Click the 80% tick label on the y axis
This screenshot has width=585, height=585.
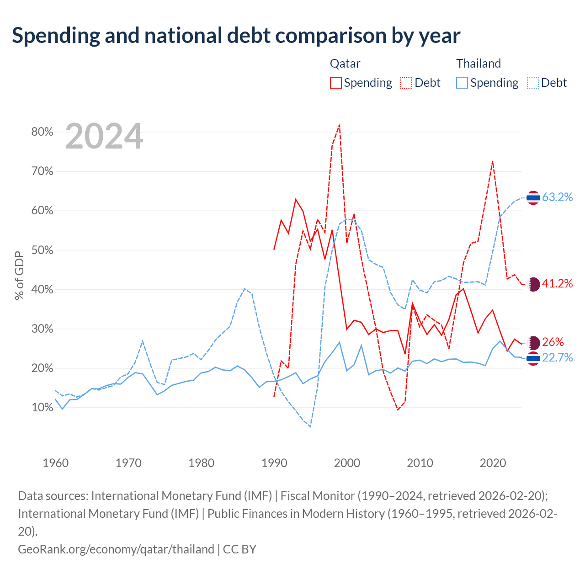(42, 132)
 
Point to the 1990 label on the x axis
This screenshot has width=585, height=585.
(274, 463)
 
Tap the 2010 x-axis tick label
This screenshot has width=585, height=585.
(420, 463)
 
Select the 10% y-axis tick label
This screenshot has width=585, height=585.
(42, 407)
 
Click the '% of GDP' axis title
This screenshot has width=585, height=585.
(20, 275)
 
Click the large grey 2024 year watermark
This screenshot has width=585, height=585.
(104, 136)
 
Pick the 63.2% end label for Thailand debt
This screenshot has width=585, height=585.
(557, 197)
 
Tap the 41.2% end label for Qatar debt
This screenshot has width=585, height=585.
(557, 283)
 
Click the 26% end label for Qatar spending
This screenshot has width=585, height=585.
(553, 342)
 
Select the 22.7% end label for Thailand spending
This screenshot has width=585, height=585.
(557, 357)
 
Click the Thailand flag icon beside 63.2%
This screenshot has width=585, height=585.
(533, 198)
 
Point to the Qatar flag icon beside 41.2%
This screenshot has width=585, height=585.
(533, 284)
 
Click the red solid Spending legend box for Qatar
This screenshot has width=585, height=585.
(336, 83)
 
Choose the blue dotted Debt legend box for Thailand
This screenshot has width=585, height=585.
(532, 83)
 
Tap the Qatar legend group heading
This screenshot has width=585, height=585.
(345, 64)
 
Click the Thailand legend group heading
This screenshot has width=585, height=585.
(478, 64)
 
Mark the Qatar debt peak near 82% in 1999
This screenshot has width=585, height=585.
(339, 125)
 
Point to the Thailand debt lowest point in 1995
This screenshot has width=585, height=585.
(310, 426)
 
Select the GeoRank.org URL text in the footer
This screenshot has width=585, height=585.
(116, 549)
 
